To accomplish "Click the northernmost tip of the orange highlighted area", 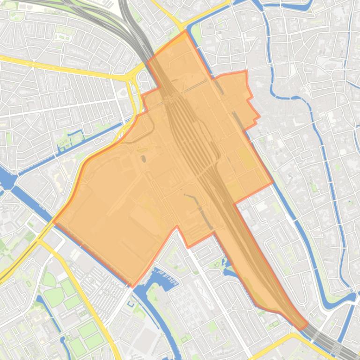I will pos(186,31).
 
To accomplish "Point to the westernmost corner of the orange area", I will pos(54,222).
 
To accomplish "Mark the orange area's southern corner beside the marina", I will pos(132,286).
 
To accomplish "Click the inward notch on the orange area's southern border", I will pos(177,227).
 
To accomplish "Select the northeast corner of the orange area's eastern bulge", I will pos(246,72).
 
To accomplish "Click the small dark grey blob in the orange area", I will pos(143,158).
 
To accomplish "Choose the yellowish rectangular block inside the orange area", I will pos(247,158).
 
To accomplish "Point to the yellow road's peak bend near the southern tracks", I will pos(294,335).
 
